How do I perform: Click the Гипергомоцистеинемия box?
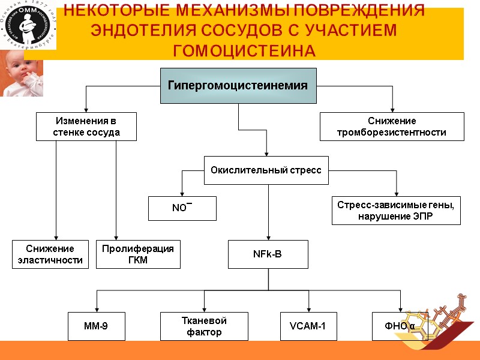238,86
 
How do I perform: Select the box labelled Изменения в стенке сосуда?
86,127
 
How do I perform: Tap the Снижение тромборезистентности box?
392,127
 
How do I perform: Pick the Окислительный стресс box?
266,170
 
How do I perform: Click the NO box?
182,208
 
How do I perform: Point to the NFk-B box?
268,254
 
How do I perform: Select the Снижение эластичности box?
50,254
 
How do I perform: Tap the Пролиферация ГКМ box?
138,254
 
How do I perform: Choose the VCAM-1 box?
308,326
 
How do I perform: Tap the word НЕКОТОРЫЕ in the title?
130,11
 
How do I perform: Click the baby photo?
21,73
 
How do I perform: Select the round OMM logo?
28,24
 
